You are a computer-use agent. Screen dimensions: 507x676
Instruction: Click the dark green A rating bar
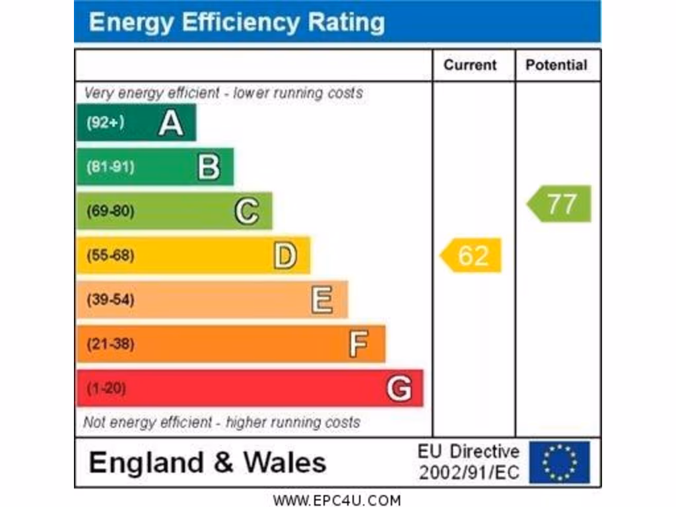(x=136, y=123)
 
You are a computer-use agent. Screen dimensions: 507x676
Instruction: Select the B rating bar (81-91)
(x=155, y=167)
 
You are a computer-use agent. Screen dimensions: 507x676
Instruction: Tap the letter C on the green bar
(x=247, y=211)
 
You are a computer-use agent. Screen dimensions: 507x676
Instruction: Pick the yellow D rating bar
(x=193, y=255)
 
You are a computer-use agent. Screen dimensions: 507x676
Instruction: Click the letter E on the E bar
(x=322, y=300)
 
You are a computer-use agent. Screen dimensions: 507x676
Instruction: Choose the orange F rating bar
(x=230, y=344)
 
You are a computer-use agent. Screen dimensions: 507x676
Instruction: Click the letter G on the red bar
(x=399, y=388)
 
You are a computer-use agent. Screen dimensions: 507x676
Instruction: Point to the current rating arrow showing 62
(x=471, y=255)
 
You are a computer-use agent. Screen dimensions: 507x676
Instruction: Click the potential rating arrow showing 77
(x=560, y=204)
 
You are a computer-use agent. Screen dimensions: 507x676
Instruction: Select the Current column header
(x=470, y=65)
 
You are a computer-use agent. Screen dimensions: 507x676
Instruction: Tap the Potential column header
(x=556, y=65)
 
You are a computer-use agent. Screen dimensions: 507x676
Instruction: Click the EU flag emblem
(x=559, y=462)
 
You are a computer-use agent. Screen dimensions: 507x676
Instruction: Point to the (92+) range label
(x=105, y=123)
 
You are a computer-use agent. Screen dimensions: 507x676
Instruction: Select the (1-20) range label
(x=106, y=388)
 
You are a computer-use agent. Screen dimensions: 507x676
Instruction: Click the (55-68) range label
(x=110, y=255)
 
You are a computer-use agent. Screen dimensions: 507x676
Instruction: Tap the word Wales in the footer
(x=285, y=462)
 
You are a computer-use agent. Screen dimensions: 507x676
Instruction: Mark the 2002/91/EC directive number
(x=469, y=473)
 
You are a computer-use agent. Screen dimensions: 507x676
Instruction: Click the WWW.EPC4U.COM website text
(x=337, y=500)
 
